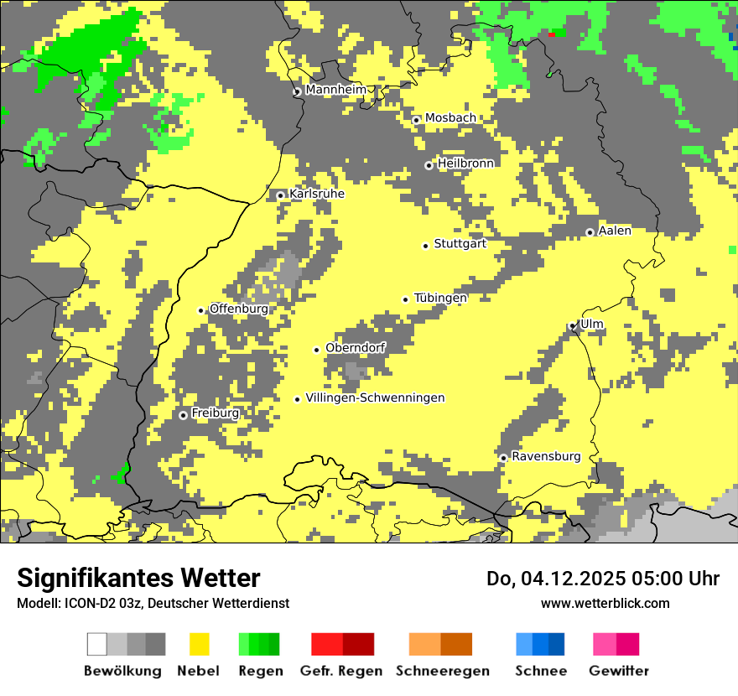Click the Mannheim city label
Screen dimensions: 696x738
(x=335, y=90)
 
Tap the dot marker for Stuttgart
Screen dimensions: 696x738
(x=426, y=246)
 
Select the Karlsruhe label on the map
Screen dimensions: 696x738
(x=317, y=194)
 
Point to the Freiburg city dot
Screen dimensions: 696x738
(x=184, y=415)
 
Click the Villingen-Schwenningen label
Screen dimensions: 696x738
(x=375, y=398)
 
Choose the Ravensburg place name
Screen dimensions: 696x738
(x=546, y=457)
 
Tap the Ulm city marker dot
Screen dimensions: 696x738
(x=573, y=326)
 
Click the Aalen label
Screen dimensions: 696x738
(x=615, y=231)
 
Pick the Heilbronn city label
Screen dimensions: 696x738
(x=465, y=164)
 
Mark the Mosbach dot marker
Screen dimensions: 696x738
(x=416, y=120)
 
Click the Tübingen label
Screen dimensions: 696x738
(x=440, y=298)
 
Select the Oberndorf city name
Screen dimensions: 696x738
(x=356, y=347)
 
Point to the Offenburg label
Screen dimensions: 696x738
(x=239, y=309)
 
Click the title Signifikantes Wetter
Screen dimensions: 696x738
(x=138, y=578)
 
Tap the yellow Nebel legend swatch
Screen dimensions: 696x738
(x=199, y=644)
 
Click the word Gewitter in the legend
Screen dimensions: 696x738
(x=619, y=671)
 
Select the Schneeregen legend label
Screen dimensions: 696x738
(x=441, y=671)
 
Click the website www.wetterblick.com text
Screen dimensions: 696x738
(x=605, y=603)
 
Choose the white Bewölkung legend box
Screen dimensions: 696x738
(x=97, y=644)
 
